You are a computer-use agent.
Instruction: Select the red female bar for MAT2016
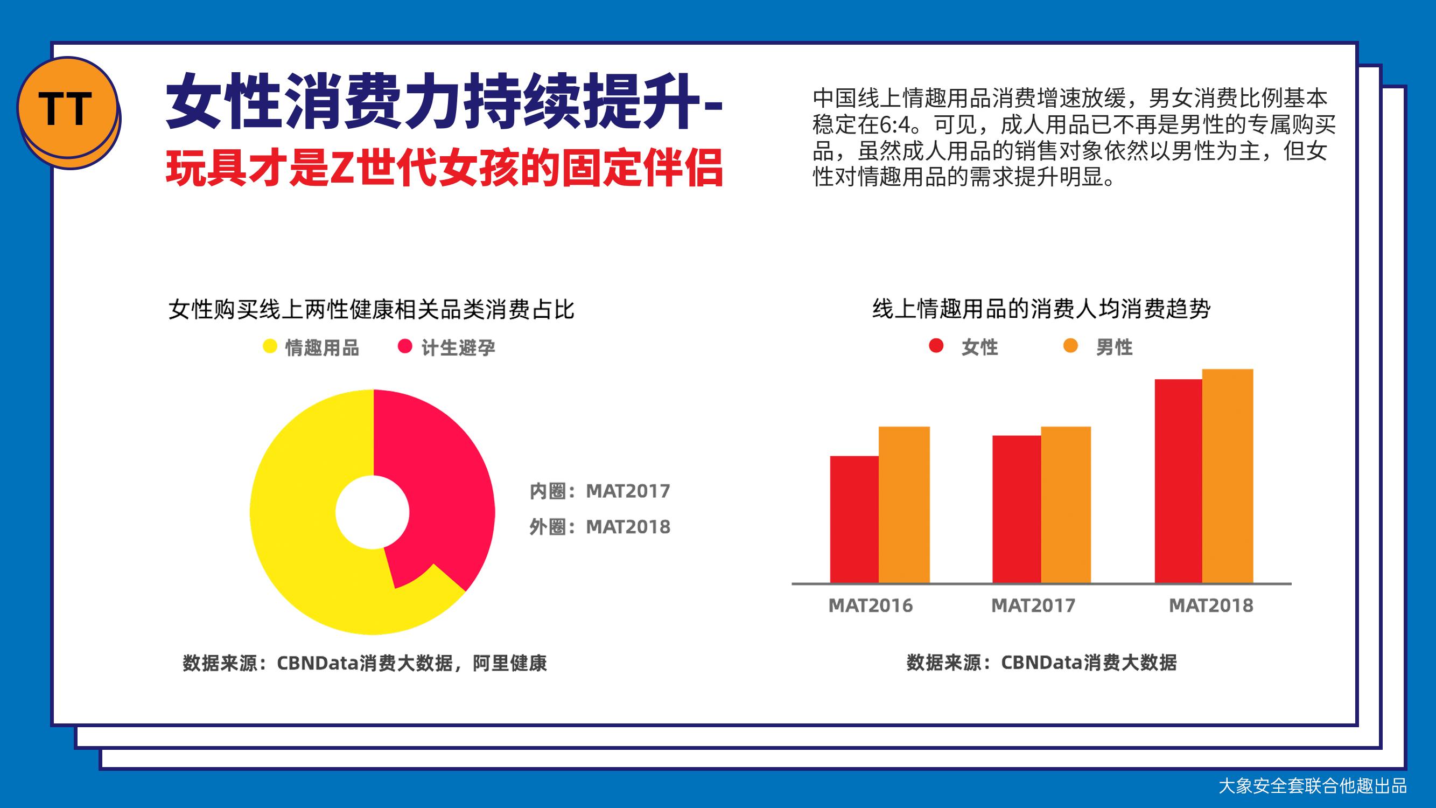854,520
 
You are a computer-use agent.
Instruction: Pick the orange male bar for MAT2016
904,505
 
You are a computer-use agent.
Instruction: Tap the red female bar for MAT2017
1016,509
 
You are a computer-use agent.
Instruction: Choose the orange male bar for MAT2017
1066,505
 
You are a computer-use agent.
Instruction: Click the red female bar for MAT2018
1179,481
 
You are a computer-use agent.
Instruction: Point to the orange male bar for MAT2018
1228,476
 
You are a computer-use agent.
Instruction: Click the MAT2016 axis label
871,605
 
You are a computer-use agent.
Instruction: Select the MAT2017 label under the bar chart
1033,605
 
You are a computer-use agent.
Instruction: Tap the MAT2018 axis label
1211,605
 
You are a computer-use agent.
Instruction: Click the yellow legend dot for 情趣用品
270,346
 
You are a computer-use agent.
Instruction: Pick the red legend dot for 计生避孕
405,346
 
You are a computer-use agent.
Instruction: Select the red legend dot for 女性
936,346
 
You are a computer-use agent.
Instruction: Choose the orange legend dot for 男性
1070,346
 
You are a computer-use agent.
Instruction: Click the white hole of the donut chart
373,512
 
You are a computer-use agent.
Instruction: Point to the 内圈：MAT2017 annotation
600,491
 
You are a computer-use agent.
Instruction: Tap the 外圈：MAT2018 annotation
600,527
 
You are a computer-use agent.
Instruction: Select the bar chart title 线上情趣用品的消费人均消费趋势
1041,309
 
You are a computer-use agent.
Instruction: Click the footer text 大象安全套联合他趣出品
1312,786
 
